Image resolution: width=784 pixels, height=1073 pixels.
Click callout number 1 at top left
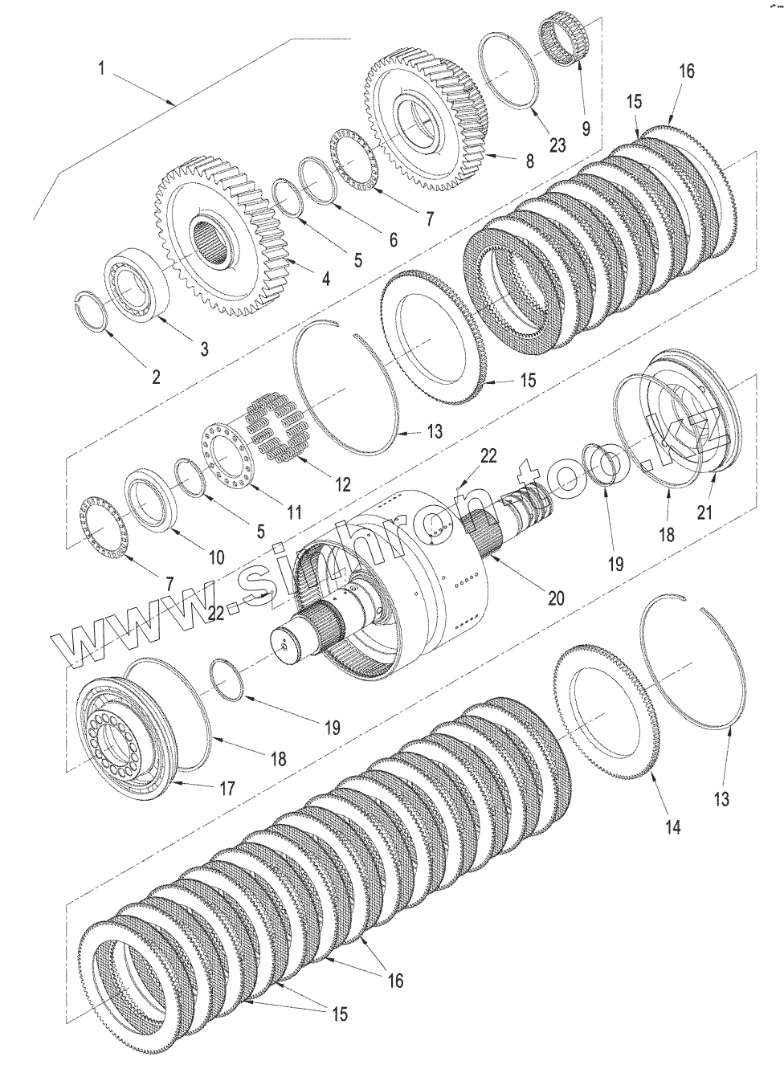coord(101,68)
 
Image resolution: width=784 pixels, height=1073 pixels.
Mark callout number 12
coord(343,484)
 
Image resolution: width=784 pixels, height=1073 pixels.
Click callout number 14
coord(672,827)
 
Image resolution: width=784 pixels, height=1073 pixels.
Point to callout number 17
coord(227,788)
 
